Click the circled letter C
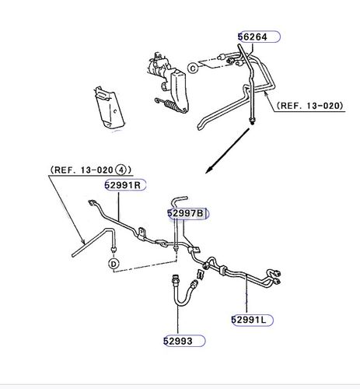[x=193, y=68]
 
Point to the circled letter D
[x=114, y=264]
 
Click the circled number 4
[x=121, y=170]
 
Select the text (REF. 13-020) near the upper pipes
[x=309, y=106]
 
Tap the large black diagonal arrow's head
[x=209, y=170]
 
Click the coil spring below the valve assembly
[x=170, y=105]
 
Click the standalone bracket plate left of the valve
[x=109, y=107]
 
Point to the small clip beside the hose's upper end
[x=201, y=274]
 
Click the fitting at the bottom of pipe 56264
[x=251, y=121]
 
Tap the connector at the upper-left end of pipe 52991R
[x=92, y=202]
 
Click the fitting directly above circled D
[x=114, y=251]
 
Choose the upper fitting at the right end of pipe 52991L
[x=277, y=274]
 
